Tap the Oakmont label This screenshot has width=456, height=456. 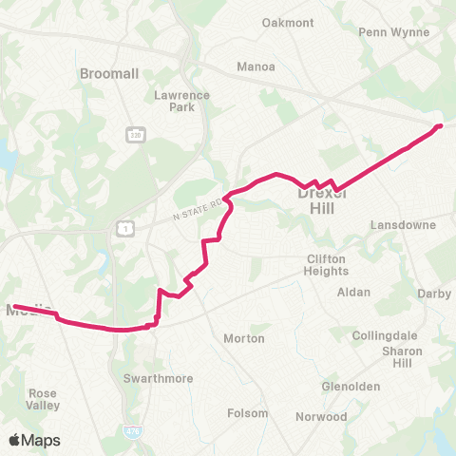(x=288, y=23)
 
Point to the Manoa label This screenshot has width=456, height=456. (x=256, y=67)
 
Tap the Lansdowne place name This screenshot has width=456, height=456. (x=403, y=225)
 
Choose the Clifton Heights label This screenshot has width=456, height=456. (x=328, y=265)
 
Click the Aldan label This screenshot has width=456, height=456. (x=354, y=293)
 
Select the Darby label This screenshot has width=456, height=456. (x=434, y=294)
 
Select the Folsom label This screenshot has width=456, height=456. (x=249, y=413)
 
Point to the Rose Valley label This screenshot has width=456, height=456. (x=44, y=399)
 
